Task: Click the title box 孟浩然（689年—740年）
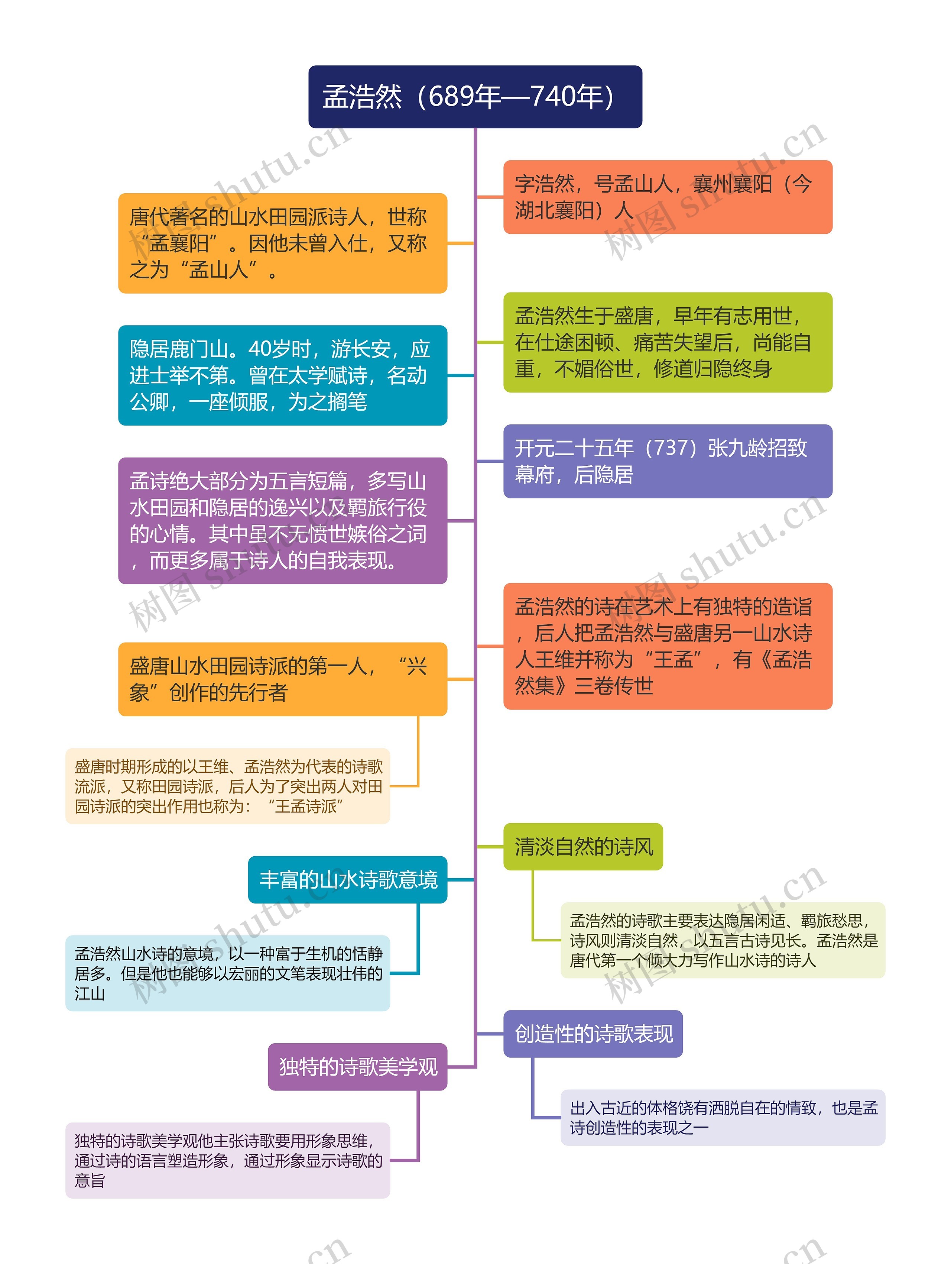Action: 475,97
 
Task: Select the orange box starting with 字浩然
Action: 667,197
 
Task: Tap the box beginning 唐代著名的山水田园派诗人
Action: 282,243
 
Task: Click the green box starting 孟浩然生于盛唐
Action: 667,342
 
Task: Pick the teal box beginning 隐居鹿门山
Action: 282,375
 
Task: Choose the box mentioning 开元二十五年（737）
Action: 667,461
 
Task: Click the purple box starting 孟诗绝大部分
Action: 282,521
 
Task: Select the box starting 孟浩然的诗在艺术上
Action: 667,646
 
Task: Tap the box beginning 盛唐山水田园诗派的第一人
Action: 282,679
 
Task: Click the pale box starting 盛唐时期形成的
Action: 227,786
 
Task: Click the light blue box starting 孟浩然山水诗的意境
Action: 227,973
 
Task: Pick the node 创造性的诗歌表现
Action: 593,1034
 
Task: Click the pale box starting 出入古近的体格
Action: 723,1118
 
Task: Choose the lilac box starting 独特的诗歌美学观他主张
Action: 227,1161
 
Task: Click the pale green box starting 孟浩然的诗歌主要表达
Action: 723,940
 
